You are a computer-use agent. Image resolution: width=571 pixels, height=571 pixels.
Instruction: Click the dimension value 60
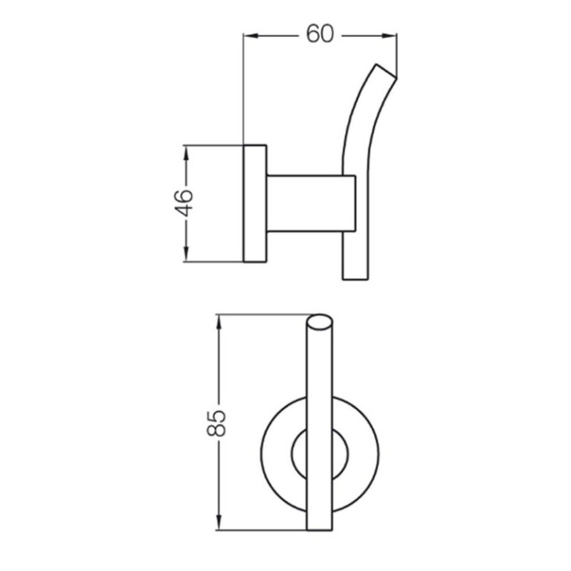click(x=320, y=34)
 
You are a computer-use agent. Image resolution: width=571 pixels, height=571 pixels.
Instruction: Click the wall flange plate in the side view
click(x=254, y=203)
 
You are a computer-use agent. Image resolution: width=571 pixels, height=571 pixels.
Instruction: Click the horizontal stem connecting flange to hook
click(x=305, y=203)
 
